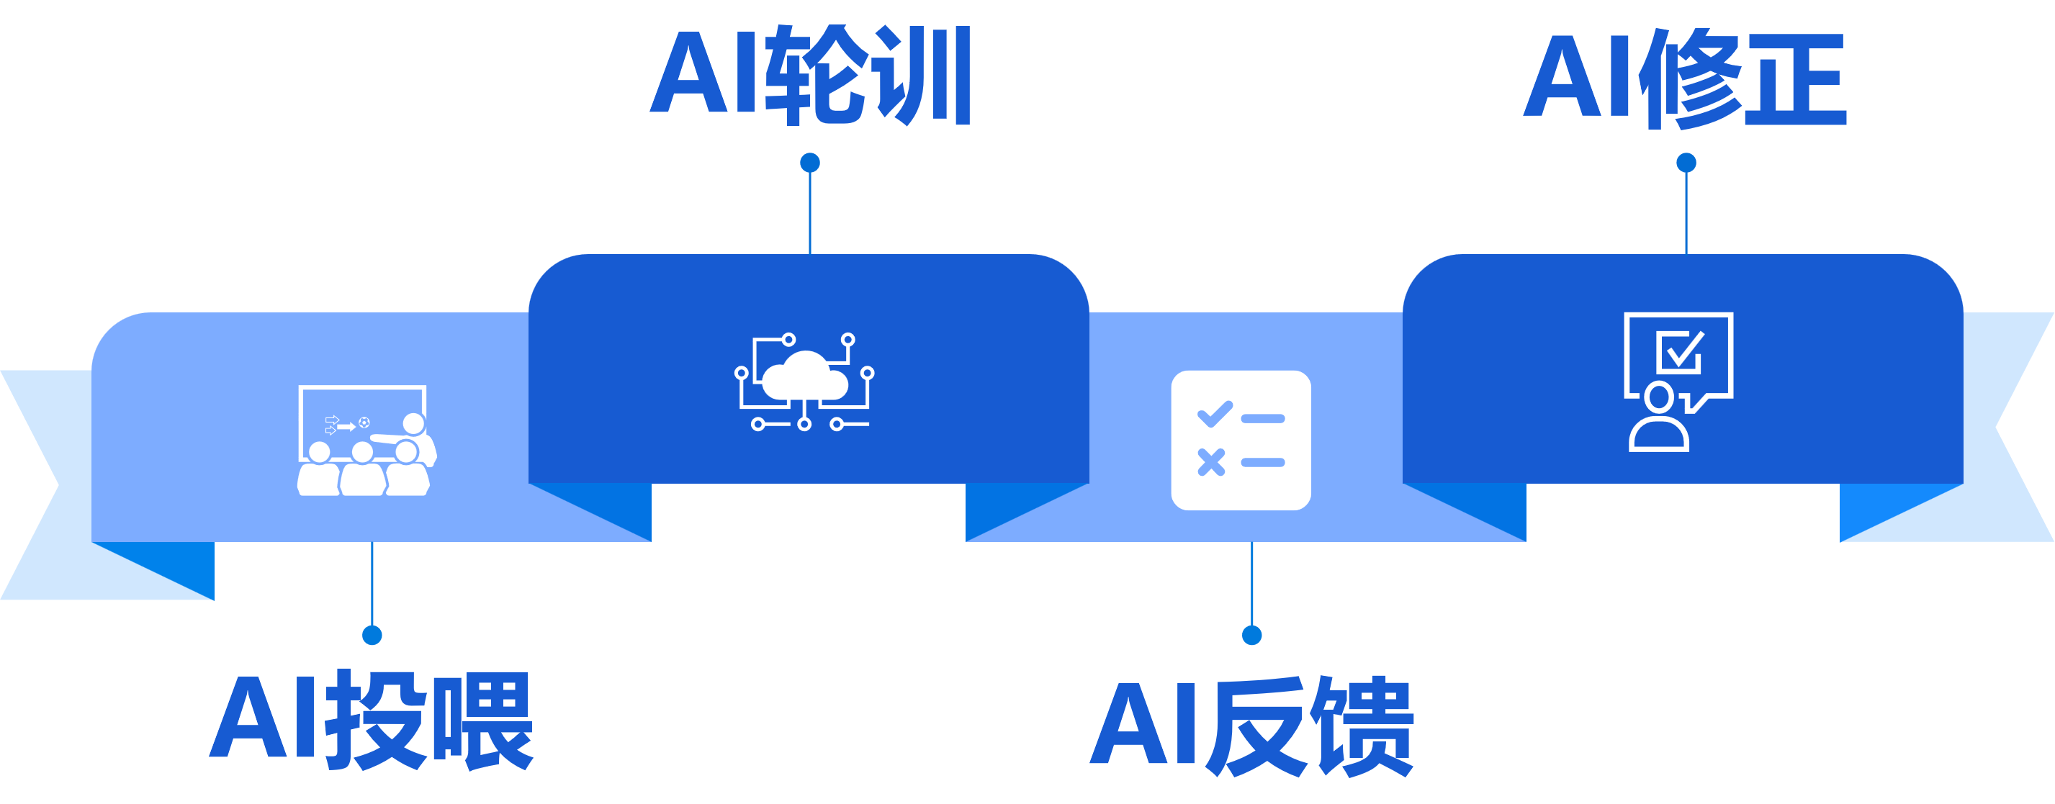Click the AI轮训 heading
click(x=810, y=76)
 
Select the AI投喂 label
click(x=371, y=721)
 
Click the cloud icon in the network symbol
click(x=804, y=377)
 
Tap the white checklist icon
click(x=1241, y=440)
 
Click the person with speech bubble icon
click(x=1678, y=381)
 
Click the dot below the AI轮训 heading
click(x=810, y=163)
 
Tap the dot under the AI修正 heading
click(x=1686, y=163)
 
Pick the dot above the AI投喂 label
click(x=372, y=635)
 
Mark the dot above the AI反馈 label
click(x=1251, y=635)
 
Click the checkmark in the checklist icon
click(x=1214, y=414)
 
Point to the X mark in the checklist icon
click(x=1211, y=462)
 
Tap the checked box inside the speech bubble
click(x=1680, y=352)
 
